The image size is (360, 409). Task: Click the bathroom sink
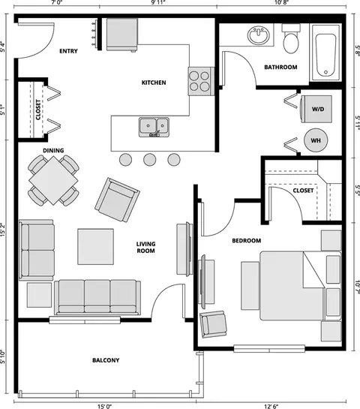(x=259, y=35)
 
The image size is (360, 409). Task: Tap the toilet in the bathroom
(x=291, y=38)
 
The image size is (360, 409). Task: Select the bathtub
(x=325, y=53)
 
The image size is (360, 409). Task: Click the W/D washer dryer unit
(x=316, y=109)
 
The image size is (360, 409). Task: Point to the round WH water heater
(x=316, y=140)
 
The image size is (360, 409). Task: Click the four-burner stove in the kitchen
(x=201, y=81)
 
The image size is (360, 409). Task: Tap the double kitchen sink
(x=154, y=127)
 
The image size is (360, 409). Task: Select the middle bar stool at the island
(x=150, y=159)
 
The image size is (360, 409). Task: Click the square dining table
(x=53, y=181)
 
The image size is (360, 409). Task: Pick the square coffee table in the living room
(x=96, y=247)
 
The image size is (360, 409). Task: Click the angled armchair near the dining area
(x=117, y=200)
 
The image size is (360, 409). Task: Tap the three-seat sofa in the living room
(x=97, y=297)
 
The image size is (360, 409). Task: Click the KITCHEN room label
(x=154, y=83)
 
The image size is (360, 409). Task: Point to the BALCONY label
(x=106, y=360)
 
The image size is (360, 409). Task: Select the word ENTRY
(x=68, y=51)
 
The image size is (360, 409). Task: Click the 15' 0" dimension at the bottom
(x=105, y=406)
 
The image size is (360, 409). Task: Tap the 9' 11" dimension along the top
(x=158, y=2)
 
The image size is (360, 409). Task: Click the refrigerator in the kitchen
(x=122, y=35)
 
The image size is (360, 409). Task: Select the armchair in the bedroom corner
(x=213, y=324)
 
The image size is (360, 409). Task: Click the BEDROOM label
(x=247, y=241)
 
